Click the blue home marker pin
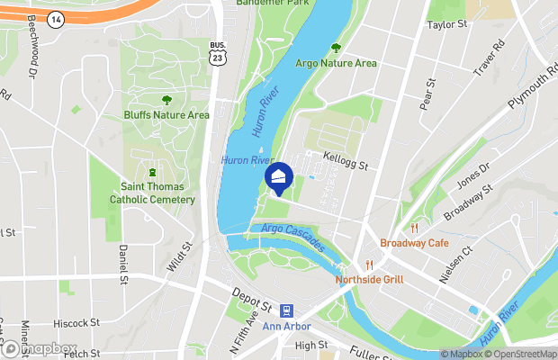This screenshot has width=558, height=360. coord(280,179)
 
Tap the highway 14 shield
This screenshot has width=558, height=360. coord(57,18)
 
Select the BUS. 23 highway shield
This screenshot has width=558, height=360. coord(216,55)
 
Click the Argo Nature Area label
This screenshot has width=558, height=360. coord(337,63)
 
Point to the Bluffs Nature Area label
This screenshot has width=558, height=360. coord(166,114)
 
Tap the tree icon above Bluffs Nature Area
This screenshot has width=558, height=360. coord(166,100)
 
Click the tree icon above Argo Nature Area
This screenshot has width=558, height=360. coord(337,48)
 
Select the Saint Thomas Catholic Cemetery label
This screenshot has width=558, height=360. coord(152,193)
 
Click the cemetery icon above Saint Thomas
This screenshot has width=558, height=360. coord(152,172)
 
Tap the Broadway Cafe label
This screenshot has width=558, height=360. coord(414,243)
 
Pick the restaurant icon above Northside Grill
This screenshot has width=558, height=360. coord(369,265)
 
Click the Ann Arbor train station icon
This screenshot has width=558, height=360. coord(285,310)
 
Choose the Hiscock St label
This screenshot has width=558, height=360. coord(76,322)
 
